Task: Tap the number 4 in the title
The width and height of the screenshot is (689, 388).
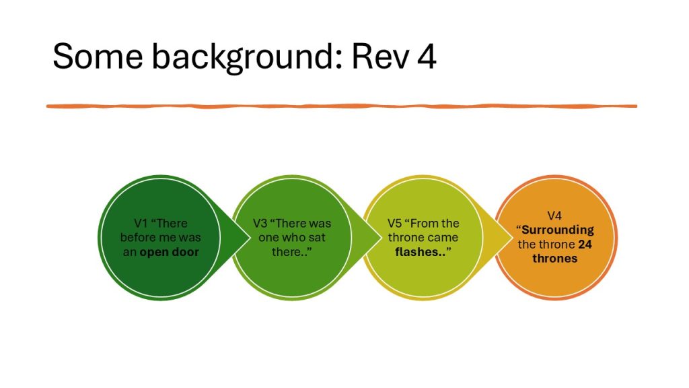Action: pos(425,57)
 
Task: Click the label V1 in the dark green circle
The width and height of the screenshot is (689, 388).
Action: pos(141,223)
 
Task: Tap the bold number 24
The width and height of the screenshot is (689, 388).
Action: pos(585,244)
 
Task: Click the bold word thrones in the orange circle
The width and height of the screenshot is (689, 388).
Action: pos(554,258)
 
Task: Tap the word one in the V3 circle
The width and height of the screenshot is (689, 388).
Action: pos(270,237)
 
